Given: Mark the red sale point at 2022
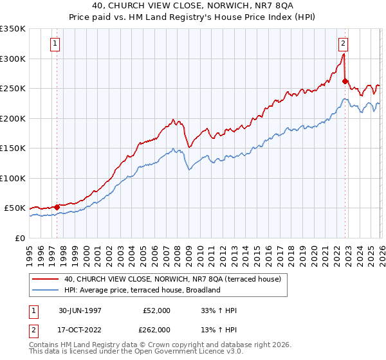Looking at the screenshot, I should (x=345, y=81).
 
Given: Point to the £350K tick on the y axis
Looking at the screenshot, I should (x=13, y=29).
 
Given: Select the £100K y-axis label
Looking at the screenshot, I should (x=13, y=178).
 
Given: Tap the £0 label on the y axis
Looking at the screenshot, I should (x=19, y=238).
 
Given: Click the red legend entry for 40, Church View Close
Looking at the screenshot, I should (x=172, y=280).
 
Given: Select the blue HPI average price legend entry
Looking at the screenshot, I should (x=142, y=290).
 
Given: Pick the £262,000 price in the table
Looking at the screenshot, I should (x=156, y=330).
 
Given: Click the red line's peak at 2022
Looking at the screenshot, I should (x=344, y=55).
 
